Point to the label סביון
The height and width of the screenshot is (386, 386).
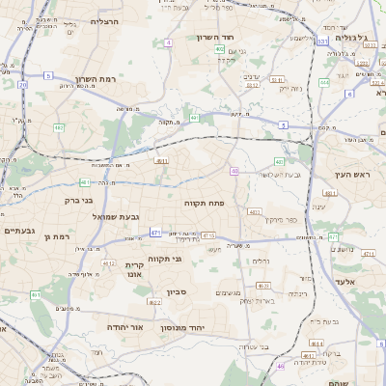[x=189, y=290]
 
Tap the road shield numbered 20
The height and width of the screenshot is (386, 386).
[x=22, y=85]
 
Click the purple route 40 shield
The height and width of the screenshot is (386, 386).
[x=234, y=170]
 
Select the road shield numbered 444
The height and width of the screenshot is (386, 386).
[x=324, y=83]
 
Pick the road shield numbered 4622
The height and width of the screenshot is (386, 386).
[x=154, y=302]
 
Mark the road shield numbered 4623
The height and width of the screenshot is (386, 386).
[x=262, y=286]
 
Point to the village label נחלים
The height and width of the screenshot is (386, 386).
[x=261, y=261]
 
